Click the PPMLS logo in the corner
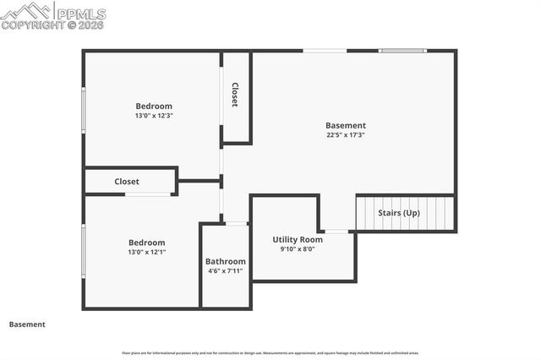53,15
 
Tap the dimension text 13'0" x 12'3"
154,116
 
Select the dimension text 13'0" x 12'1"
146,252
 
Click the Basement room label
347,125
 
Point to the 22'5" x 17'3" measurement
347,135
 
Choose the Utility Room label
298,240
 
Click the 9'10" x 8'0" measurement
298,249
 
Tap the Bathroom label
226,261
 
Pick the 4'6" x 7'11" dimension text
226,271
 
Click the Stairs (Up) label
399,213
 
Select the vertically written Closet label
235,95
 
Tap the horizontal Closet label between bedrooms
127,182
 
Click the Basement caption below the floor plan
27,325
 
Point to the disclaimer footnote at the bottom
270,352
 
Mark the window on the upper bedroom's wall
83,110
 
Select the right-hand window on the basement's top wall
403,51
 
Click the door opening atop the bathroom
237,224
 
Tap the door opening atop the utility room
336,231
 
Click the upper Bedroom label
154,106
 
